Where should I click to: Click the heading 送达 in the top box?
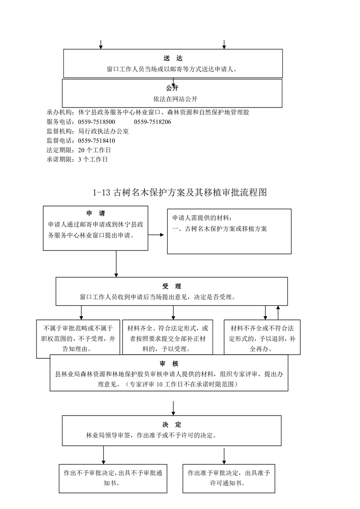173,59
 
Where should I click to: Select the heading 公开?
172,88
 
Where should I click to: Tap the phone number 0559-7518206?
152,122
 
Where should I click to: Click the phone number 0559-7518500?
97,122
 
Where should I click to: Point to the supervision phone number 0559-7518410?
97,141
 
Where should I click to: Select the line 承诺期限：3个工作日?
77,160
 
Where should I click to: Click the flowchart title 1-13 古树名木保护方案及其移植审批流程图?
180,192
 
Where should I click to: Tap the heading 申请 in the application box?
96,214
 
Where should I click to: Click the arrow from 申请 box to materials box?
156,235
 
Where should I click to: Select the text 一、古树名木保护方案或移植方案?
219,229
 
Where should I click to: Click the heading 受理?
171,286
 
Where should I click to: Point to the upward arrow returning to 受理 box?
278,313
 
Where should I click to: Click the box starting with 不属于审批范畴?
78,339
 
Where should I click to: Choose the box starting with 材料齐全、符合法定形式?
168,337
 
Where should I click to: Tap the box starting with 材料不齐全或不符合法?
262,337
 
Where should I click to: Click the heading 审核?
169,364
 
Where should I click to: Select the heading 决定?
172,425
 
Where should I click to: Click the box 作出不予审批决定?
113,479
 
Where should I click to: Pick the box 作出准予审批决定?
229,479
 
